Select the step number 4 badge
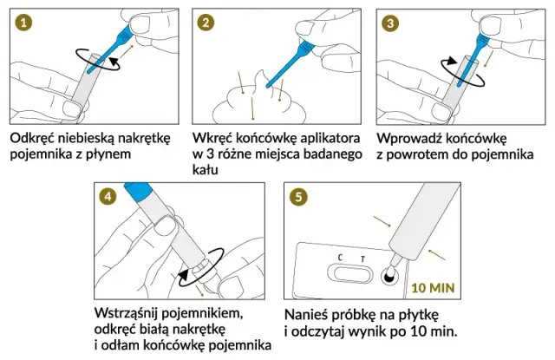tap(108, 197)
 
